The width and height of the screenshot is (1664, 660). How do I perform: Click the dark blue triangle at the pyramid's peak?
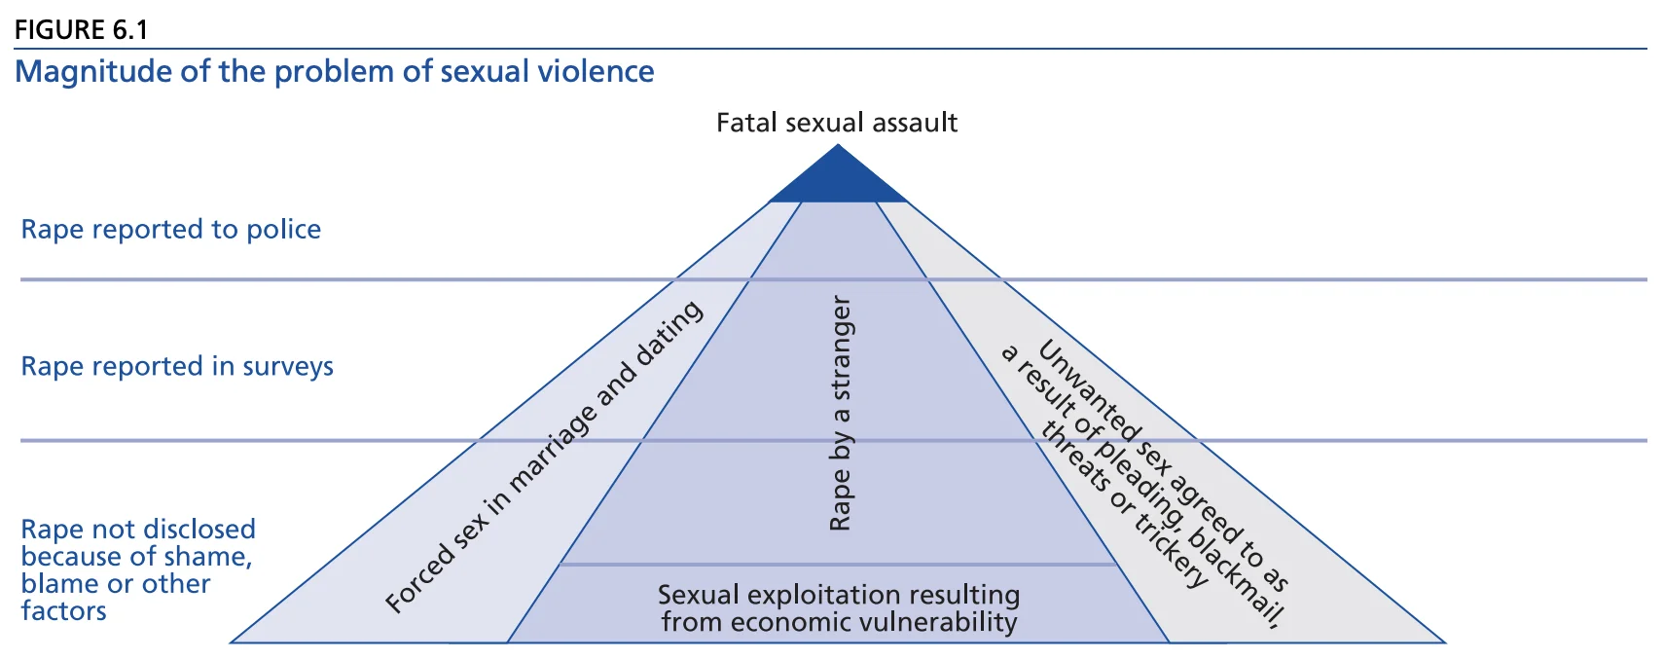838,181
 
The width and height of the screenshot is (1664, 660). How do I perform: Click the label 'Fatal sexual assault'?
837,123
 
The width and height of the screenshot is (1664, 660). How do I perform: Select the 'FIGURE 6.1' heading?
81,30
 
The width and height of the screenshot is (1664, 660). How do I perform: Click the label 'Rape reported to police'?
171,230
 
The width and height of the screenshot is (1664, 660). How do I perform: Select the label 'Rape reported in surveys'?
177,367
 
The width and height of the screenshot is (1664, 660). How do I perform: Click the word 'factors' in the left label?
64,611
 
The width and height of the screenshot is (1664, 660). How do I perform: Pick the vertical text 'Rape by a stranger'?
841,414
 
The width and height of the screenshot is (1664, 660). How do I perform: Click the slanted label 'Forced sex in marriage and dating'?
544,457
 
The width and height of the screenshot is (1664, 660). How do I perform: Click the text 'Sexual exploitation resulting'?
839,595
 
